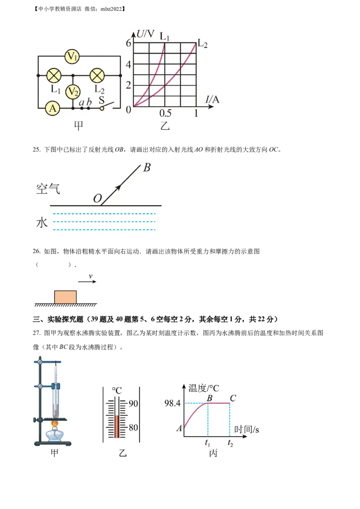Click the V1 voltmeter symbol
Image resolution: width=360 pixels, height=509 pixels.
click(72, 56)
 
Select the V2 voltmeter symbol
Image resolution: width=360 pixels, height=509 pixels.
click(72, 92)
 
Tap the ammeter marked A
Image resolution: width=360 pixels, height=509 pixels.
click(53, 108)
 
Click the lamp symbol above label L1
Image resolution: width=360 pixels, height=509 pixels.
click(54, 75)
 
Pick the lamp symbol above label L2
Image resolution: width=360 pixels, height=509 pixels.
click(97, 75)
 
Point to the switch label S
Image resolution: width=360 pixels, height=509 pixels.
click(102, 99)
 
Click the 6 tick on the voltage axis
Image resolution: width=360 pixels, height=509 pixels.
click(128, 43)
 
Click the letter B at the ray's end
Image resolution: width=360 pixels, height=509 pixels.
click(147, 168)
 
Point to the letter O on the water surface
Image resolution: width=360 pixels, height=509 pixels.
click(97, 198)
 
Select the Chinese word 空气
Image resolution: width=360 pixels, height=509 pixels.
click(48, 188)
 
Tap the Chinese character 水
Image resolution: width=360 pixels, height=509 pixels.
click(42, 222)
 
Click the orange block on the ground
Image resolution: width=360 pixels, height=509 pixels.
click(66, 297)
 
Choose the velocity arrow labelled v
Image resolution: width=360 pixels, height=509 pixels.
click(87, 281)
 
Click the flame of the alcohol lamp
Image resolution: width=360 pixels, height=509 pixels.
click(56, 424)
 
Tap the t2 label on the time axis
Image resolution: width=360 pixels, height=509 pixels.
click(230, 443)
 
